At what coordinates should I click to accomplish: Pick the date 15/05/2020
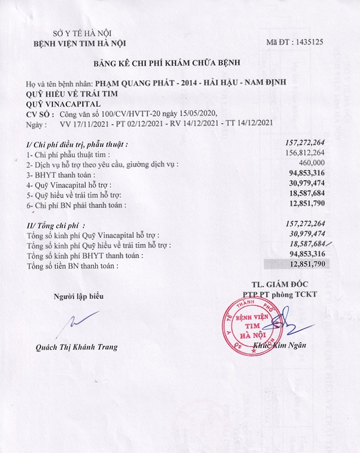pyautogui.click(x=198, y=113)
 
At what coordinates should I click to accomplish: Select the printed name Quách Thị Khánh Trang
pyautogui.click(x=76, y=347)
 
